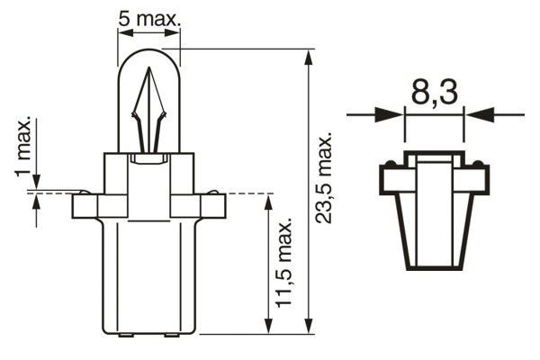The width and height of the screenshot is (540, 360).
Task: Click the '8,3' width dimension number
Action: click(x=435, y=94)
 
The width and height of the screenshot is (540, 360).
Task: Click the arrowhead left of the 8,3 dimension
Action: click(x=391, y=114)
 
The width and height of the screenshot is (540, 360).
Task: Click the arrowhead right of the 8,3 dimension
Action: click(x=478, y=114)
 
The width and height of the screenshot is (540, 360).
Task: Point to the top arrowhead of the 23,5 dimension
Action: click(x=309, y=57)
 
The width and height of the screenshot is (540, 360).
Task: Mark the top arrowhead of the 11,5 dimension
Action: click(x=267, y=200)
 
